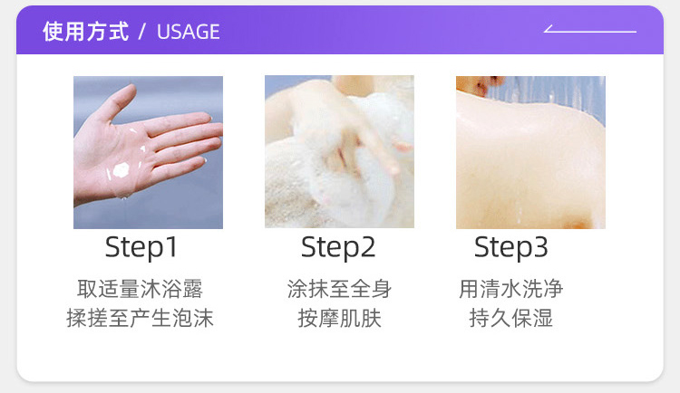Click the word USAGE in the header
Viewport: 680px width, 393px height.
189,32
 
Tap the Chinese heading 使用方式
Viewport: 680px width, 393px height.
86,32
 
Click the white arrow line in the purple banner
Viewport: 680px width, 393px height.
590,30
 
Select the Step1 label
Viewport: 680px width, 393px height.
141,247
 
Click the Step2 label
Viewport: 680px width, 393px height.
338,247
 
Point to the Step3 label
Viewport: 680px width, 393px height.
510,247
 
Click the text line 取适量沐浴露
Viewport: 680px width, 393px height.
140,289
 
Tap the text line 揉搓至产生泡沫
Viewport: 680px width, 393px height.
140,318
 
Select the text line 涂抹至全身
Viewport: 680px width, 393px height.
339,289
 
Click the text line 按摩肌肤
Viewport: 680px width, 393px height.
339,318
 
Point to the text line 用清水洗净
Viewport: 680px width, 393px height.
510,289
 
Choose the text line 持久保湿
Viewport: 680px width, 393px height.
510,318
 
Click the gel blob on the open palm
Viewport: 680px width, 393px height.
121,170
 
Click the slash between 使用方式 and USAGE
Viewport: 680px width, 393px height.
141,32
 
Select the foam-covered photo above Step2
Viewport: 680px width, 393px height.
339,151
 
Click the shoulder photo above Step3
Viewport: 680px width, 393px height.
530,152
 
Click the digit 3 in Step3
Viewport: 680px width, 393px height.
540,246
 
